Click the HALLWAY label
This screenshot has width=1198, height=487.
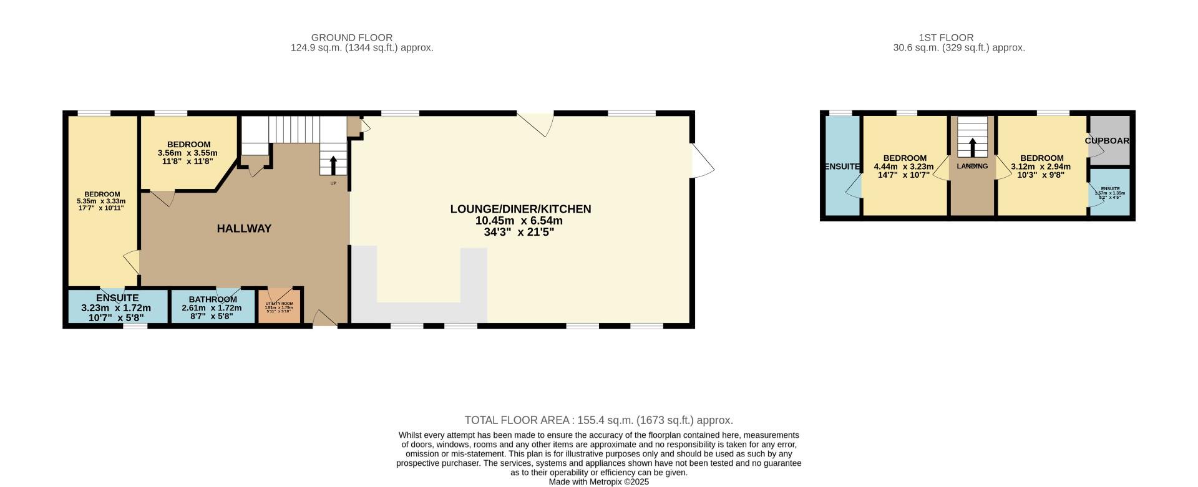[x=244, y=229]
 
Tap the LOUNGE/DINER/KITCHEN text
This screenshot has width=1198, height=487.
[x=520, y=210]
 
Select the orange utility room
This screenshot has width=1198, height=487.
[x=279, y=306]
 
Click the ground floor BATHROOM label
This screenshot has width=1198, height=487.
[x=213, y=299]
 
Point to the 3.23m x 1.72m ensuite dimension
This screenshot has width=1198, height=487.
[x=116, y=308]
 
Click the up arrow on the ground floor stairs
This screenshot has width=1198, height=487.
[x=333, y=165]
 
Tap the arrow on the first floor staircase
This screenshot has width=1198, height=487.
[x=972, y=147]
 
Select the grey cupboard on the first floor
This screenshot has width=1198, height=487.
[x=1109, y=141]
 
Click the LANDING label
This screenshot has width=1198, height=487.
[x=972, y=166]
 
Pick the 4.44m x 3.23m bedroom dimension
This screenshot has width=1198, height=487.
[x=904, y=166]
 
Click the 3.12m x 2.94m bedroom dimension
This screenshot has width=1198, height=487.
[x=1041, y=166]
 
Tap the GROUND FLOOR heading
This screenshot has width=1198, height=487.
[x=352, y=37]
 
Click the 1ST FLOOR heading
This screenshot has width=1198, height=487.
[x=946, y=37]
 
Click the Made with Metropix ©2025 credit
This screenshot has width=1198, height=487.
[x=598, y=482]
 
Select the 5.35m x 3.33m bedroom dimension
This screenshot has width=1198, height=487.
[x=101, y=201]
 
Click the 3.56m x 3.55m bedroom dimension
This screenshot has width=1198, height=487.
[x=188, y=153]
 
